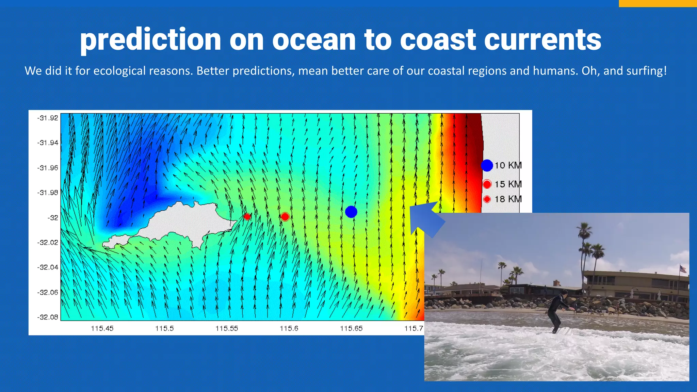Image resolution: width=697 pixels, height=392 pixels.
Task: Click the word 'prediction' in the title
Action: pos(151,40)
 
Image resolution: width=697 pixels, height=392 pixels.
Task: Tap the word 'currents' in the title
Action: pos(542,40)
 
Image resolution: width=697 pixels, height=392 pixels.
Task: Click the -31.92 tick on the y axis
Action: pos(48,118)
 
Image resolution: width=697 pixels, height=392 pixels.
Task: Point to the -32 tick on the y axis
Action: pos(53,218)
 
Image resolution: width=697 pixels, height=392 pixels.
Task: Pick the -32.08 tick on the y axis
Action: pos(48,317)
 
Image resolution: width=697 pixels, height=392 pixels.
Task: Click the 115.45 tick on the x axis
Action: pos(102,328)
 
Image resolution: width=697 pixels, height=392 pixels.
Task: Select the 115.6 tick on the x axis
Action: pos(289,328)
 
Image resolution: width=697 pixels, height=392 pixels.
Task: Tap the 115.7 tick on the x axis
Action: pos(414,328)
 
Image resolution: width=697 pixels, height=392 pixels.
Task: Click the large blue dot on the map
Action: pos(351,212)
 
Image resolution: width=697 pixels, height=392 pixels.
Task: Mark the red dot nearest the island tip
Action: pos(247,216)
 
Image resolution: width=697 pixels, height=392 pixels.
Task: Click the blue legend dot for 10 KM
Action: pos(487,165)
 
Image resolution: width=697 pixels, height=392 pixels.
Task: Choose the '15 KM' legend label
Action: pos(508,184)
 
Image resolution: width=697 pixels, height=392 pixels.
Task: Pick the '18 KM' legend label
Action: pos(508,199)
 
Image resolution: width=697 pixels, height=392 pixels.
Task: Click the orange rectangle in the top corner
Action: pos(658,3)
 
